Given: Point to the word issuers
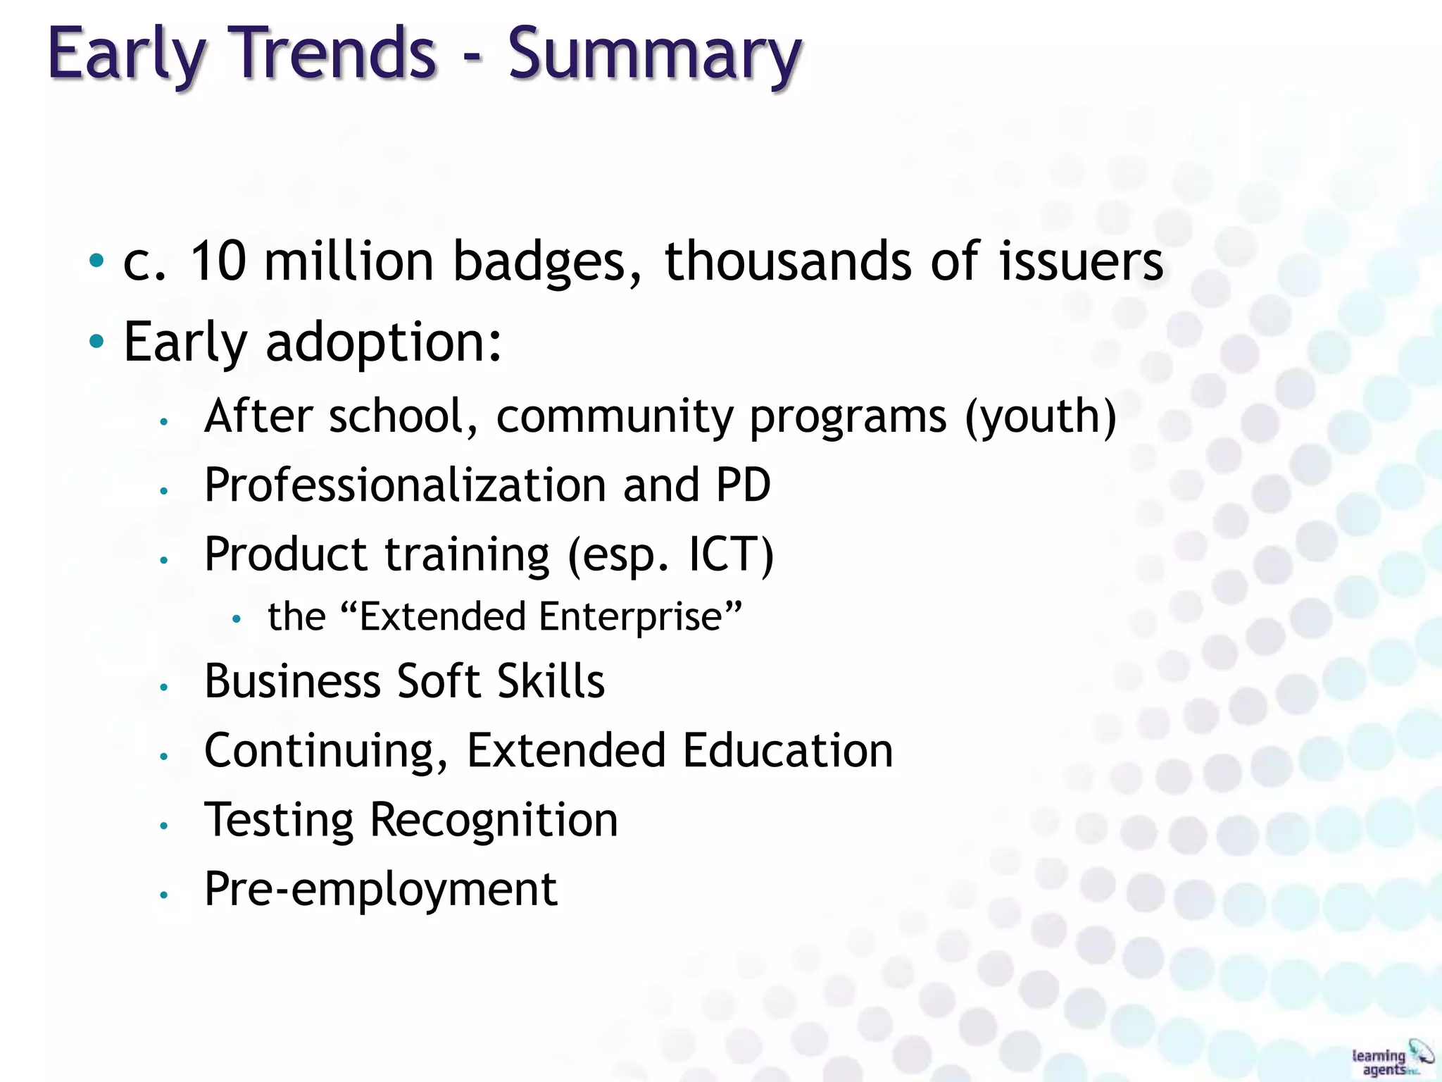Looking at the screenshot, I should coord(1081,261).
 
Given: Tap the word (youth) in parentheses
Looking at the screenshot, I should coord(1040,417).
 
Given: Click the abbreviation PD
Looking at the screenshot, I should coord(743,485).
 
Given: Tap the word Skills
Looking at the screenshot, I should coord(551,681).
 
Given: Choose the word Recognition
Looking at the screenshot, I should coord(494,821).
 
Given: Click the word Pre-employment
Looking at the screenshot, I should coord(381,890).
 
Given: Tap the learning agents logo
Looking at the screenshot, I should coord(1391,1058).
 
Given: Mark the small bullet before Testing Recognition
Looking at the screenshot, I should coord(163,826).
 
